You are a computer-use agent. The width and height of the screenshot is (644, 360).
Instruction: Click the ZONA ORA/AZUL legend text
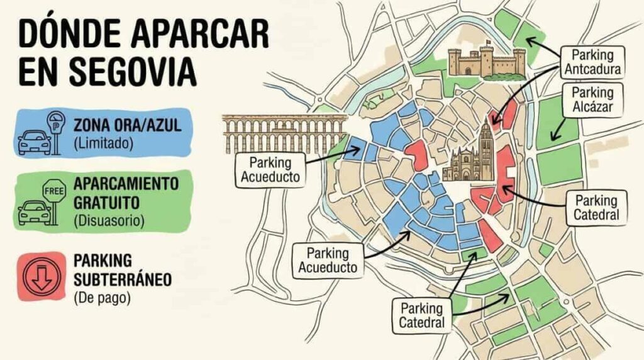point(128,125)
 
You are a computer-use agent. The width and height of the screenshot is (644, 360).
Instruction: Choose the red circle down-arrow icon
point(40,276)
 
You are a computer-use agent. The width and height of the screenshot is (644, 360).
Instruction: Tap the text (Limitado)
point(104,143)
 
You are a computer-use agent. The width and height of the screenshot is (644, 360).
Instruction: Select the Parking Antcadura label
point(592,60)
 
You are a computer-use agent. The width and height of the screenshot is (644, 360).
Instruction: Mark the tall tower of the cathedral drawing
point(486,142)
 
